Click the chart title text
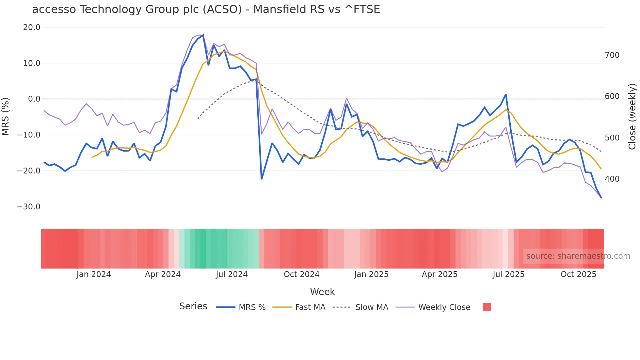[x=206, y=9]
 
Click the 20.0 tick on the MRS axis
[x=32, y=27]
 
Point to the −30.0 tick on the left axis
[x=29, y=207]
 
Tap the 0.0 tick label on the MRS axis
[x=34, y=99]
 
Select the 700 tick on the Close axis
[x=612, y=55]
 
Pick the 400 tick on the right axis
[x=612, y=179]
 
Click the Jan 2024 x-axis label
[x=94, y=274]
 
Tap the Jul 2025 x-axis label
[x=508, y=274]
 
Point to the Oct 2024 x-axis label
[x=301, y=274]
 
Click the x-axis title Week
[x=322, y=292]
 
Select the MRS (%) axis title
[x=6, y=116]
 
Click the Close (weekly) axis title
[x=632, y=117]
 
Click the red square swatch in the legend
[x=487, y=307]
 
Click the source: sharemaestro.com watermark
[x=578, y=256]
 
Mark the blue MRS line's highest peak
[x=203, y=35]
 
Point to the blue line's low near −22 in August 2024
[x=262, y=179]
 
